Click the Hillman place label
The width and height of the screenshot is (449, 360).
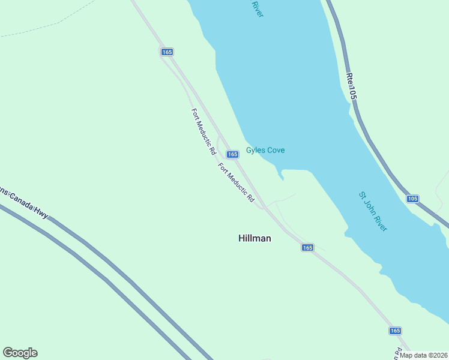point(255,238)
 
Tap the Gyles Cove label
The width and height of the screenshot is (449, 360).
point(265,150)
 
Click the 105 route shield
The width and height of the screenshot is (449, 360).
point(412,199)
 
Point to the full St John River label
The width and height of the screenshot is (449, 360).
point(373,211)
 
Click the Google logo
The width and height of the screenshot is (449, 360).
point(20,353)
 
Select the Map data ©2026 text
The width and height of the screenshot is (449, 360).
point(423,355)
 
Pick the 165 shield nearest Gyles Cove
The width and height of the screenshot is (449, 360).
point(233,154)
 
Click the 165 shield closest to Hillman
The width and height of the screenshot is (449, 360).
point(307,248)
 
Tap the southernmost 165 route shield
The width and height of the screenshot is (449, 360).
point(394,331)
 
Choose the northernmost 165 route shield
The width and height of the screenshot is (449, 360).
point(167,52)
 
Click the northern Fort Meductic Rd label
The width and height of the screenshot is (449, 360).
point(203,131)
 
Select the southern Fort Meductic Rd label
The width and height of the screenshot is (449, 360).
point(236,182)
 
